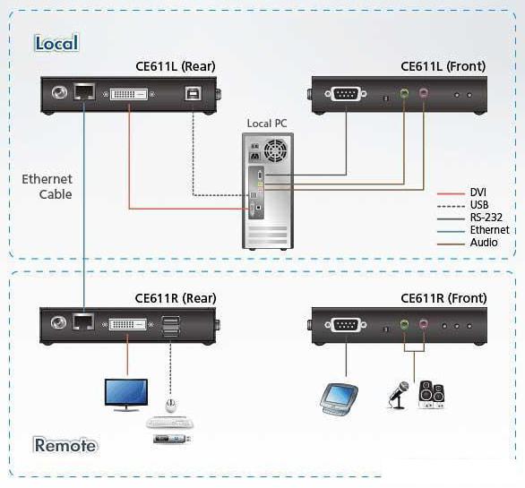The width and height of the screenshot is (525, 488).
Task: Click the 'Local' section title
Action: tap(56, 43)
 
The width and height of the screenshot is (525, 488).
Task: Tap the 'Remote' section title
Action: tap(65, 445)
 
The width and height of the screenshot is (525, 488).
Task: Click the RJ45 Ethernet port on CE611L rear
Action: tap(84, 91)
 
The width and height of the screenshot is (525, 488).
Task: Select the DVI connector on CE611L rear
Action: tap(129, 94)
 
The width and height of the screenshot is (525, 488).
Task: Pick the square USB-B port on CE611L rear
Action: tap(194, 93)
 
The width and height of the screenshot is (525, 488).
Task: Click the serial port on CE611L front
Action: tap(346, 94)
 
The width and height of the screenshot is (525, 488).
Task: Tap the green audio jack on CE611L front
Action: tap(404, 92)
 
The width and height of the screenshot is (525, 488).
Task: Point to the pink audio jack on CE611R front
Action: tap(424, 324)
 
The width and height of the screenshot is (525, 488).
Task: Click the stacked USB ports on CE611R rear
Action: tap(170, 326)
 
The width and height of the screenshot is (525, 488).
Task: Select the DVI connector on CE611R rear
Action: tap(127, 324)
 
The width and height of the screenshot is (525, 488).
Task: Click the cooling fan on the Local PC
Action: tap(276, 150)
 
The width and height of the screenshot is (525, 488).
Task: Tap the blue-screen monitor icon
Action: tap(126, 395)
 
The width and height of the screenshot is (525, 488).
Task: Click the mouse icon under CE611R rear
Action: tap(171, 406)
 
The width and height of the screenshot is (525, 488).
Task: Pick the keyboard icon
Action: tap(169, 423)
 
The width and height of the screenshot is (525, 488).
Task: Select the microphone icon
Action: tap(399, 395)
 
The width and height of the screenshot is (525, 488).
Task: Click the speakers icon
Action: tap(432, 395)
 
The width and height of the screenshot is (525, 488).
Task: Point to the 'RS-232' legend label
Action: tap(486, 218)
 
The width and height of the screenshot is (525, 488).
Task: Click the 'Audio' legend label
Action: tap(484, 243)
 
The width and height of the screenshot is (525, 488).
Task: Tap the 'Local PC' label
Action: tap(267, 124)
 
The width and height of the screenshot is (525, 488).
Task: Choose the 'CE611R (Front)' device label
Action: tap(443, 298)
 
